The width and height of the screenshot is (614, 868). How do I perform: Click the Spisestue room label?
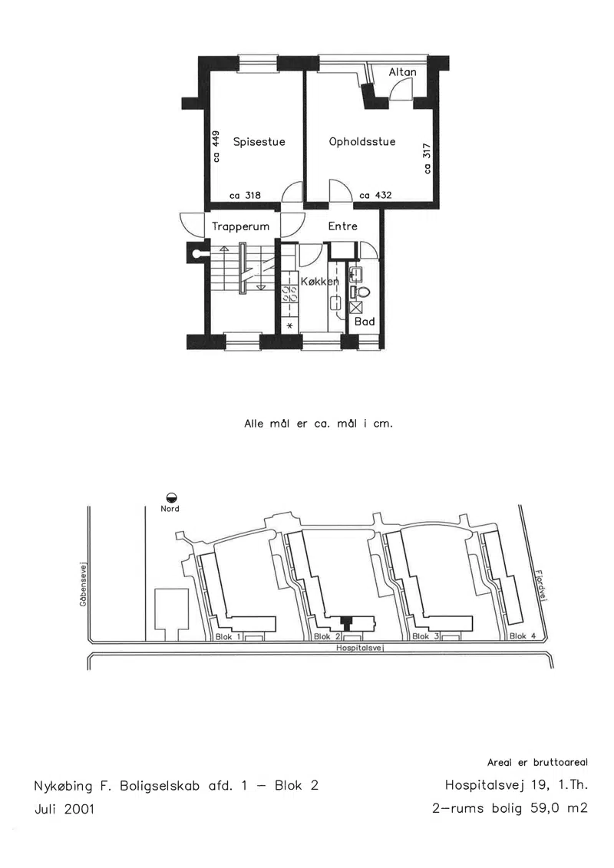tap(259, 142)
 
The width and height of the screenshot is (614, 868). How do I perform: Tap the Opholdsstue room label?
tap(362, 142)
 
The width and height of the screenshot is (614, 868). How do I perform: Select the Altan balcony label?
tap(402, 72)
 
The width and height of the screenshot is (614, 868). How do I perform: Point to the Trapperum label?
tap(241, 227)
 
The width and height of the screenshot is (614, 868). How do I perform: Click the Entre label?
tap(343, 226)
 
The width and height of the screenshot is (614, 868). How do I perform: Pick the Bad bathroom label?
tap(365, 322)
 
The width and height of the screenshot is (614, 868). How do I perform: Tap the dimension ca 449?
tap(216, 146)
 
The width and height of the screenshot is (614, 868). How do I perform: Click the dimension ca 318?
tap(246, 195)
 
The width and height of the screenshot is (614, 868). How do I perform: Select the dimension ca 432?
tap(375, 195)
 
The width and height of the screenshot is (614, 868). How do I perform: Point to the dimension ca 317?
tap(427, 159)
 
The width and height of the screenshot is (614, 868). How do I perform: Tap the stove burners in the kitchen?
tap(290, 293)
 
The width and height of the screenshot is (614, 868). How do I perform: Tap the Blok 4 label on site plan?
tap(523, 636)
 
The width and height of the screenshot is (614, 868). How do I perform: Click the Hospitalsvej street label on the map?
tap(361, 648)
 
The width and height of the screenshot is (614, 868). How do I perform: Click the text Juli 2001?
tap(64, 810)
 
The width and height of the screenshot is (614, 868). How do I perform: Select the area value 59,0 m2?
tap(559, 808)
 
